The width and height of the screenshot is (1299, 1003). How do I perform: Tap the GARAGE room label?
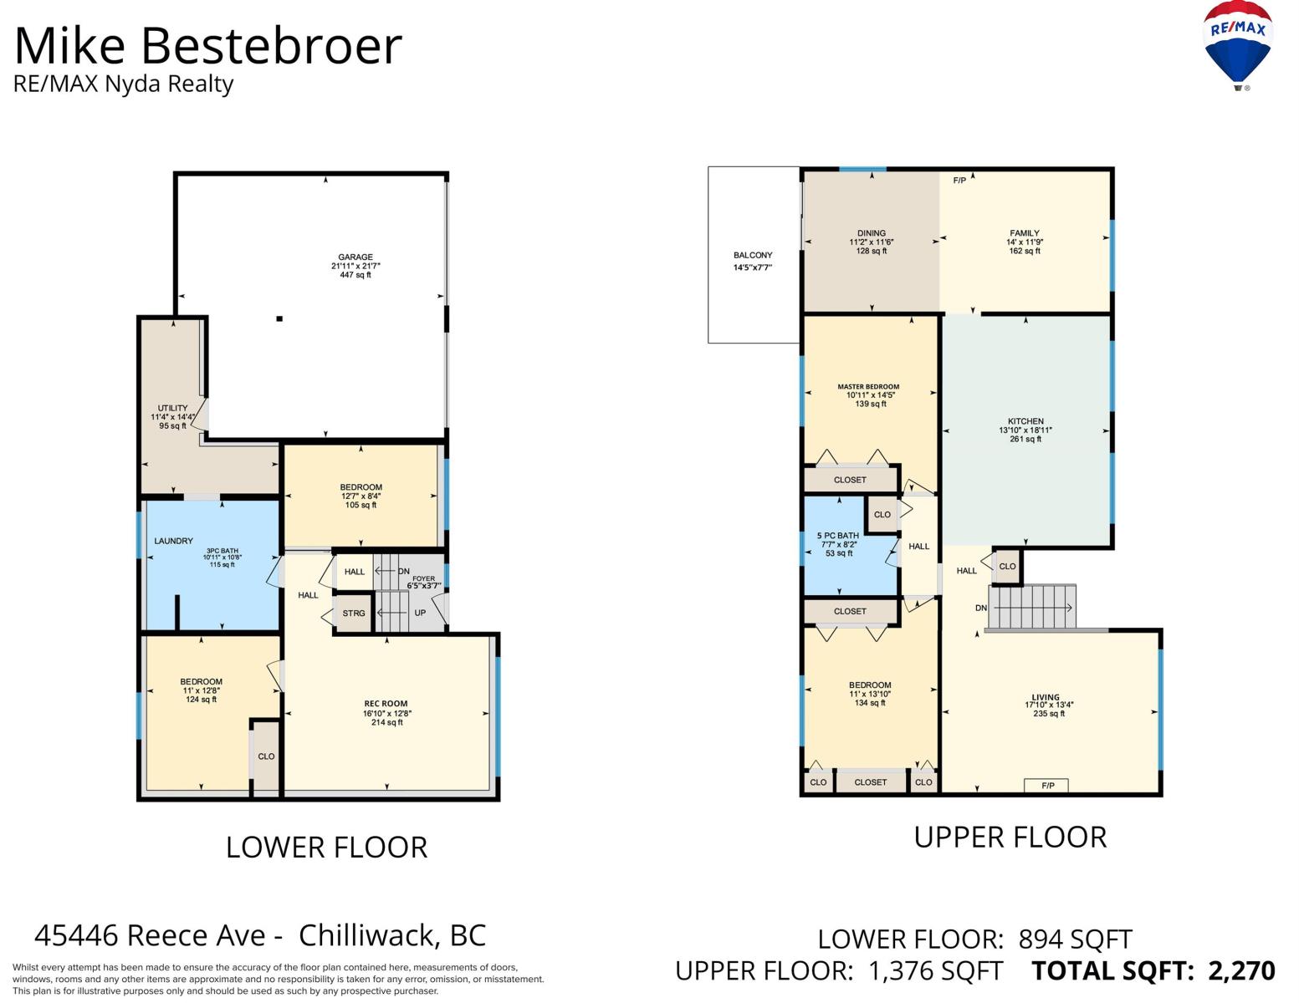[355, 257]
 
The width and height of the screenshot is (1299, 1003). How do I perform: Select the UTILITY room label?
[173, 408]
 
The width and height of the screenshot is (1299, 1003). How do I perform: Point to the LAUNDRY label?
[174, 541]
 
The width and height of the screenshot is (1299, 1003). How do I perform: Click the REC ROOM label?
[386, 704]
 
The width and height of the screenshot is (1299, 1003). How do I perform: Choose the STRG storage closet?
[354, 614]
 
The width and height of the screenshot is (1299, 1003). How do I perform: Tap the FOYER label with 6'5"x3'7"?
[423, 582]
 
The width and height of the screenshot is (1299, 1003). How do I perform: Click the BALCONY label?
[753, 256]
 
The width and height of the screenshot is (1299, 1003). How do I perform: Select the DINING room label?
[871, 233]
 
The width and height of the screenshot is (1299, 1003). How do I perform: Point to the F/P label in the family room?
[959, 181]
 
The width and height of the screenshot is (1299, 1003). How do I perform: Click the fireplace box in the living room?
[1047, 786]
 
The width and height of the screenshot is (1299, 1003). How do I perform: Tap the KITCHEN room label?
[1025, 421]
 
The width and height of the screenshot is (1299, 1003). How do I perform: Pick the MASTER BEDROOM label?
[868, 387]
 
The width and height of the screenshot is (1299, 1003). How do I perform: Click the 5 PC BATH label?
[838, 536]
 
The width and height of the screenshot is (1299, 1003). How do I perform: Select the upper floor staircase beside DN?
[1032, 607]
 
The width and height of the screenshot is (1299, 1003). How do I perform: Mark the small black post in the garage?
[279, 318]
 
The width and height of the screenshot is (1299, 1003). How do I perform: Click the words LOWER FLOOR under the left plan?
[326, 848]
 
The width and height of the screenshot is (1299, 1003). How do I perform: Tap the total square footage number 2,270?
[1241, 970]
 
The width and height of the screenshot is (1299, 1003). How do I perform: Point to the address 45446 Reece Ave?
[151, 934]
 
